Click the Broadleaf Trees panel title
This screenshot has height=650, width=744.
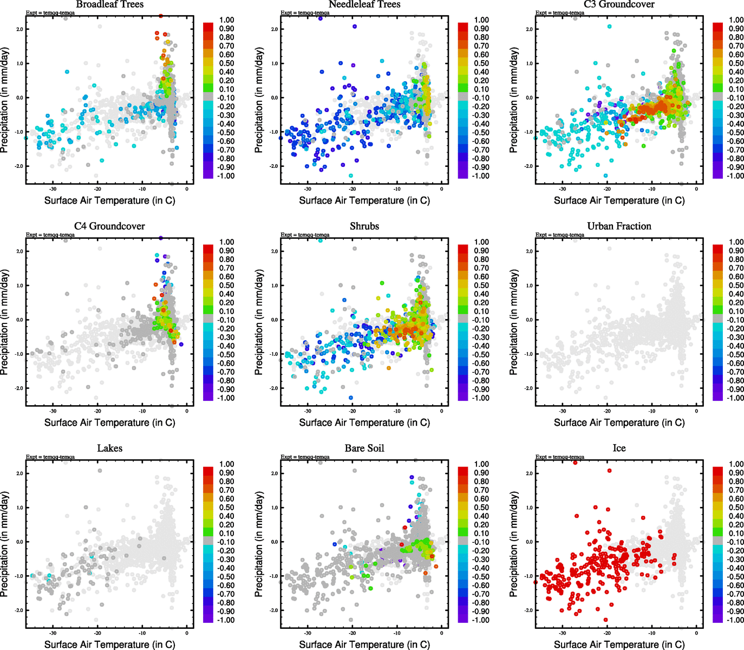[x=109, y=4]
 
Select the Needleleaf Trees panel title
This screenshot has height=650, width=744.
[x=364, y=4]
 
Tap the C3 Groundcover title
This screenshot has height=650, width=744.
[x=619, y=4]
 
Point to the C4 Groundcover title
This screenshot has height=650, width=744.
[x=109, y=226]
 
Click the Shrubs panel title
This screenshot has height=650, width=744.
[x=364, y=226]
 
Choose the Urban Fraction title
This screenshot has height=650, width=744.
[x=619, y=226]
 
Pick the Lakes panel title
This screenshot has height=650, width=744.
[x=109, y=448]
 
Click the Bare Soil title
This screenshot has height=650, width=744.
[x=364, y=448]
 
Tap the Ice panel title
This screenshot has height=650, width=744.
[x=619, y=448]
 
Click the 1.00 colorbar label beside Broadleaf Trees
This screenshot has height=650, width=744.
[x=226, y=20]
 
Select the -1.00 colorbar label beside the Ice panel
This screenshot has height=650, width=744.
[x=735, y=620]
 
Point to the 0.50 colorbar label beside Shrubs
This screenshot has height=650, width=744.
[x=482, y=285]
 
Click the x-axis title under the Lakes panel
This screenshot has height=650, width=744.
[x=109, y=645]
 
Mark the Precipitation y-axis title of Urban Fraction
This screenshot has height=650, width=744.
[x=514, y=322]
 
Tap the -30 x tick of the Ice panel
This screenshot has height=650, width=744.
[x=563, y=633]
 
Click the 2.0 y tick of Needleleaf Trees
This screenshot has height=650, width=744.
[x=274, y=29]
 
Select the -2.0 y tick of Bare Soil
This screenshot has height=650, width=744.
[x=274, y=610]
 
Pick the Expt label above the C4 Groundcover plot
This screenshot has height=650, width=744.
[x=50, y=235]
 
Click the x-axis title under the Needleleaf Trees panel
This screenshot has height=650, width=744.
[x=364, y=200]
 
